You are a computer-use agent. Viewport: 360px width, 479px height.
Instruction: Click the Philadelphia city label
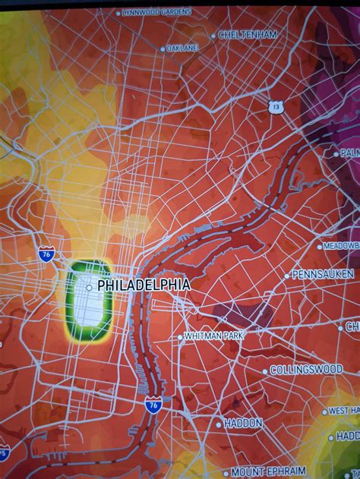[x=143, y=286]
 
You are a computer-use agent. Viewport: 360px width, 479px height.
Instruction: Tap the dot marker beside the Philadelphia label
[x=90, y=287]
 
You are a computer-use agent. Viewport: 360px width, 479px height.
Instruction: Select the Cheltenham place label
[x=248, y=35]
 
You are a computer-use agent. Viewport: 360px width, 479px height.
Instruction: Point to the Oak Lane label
[x=183, y=48]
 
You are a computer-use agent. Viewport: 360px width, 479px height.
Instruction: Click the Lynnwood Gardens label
[x=157, y=12]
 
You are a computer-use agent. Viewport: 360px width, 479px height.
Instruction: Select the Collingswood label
[x=307, y=370]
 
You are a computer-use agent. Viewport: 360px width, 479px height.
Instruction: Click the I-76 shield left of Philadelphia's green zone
[x=46, y=254]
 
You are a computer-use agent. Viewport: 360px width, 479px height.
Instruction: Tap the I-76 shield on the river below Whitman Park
[x=153, y=404]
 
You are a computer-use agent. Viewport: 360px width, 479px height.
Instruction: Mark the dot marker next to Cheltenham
[x=213, y=35]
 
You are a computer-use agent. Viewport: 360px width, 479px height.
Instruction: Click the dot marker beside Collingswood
[x=265, y=370]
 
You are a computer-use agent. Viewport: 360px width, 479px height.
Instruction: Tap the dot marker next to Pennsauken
[x=287, y=274]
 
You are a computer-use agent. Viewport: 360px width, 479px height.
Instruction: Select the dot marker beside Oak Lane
[x=162, y=49]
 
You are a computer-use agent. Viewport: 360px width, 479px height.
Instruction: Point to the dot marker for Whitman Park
[x=180, y=336]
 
